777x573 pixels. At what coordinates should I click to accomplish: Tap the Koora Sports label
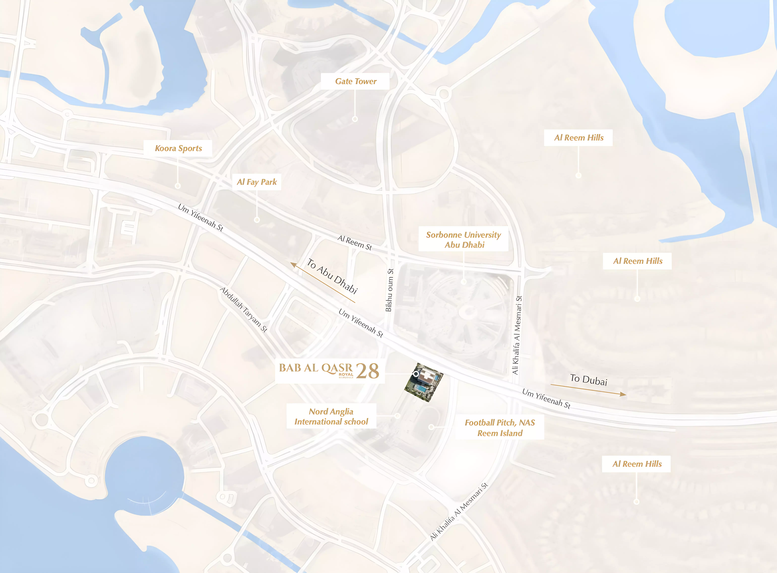tap(178, 148)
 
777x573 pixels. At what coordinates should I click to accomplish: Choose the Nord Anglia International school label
tap(331, 416)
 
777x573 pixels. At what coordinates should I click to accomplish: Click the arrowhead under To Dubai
tap(623, 394)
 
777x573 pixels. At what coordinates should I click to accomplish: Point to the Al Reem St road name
tap(355, 242)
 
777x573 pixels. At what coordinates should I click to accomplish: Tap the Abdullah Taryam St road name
tap(244, 309)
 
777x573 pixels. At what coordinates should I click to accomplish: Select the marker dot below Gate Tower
tap(355, 119)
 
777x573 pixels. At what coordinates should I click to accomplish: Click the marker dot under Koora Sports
tap(178, 186)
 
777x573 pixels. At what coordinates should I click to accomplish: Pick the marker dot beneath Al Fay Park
tap(257, 220)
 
